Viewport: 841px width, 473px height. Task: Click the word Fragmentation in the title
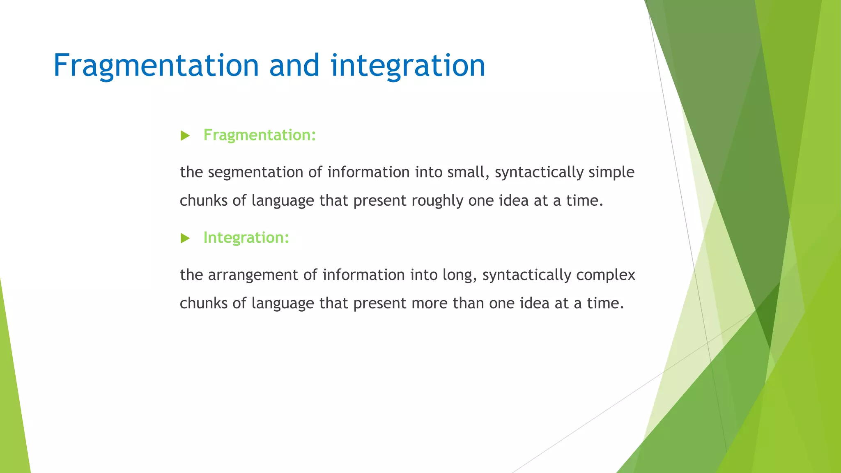pyautogui.click(x=156, y=66)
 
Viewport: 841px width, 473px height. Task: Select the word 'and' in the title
pyautogui.click(x=294, y=66)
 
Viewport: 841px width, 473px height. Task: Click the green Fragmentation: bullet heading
pyautogui.click(x=260, y=135)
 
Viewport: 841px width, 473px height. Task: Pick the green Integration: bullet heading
pyautogui.click(x=246, y=238)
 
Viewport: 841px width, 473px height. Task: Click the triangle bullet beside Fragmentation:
pyautogui.click(x=185, y=135)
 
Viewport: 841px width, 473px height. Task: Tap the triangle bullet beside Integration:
pyautogui.click(x=185, y=238)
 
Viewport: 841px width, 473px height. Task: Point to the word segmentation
pyautogui.click(x=255, y=172)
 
